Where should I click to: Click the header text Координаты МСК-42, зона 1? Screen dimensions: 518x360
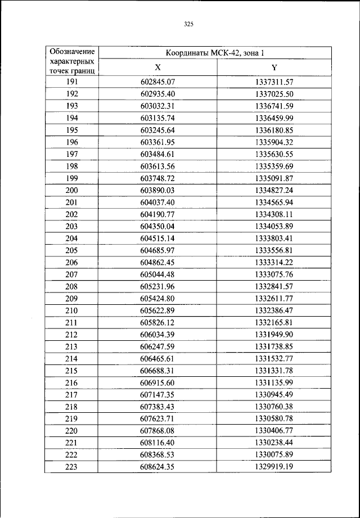coord(214,53)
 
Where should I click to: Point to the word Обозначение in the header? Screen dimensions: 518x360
coord(71,51)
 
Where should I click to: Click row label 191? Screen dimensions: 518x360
coord(71,82)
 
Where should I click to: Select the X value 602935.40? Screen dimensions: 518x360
coord(158,94)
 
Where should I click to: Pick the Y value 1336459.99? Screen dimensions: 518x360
coord(274,118)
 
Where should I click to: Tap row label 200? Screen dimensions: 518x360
coord(71,190)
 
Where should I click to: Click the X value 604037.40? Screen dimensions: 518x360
coord(158,202)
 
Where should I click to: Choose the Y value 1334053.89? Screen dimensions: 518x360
coord(274,226)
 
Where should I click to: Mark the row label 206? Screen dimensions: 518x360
coord(71,262)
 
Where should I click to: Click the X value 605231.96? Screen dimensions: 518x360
coord(158,286)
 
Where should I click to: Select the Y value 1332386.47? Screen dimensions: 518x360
coord(274,310)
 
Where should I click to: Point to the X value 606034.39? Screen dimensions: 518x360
coord(158,334)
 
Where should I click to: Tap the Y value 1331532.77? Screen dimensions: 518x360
coord(274,358)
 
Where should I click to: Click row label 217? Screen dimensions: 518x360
coord(71,394)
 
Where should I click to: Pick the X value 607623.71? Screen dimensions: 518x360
coord(158,418)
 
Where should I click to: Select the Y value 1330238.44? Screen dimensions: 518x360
coord(274,443)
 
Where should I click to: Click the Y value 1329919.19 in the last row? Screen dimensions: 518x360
coord(274,467)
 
